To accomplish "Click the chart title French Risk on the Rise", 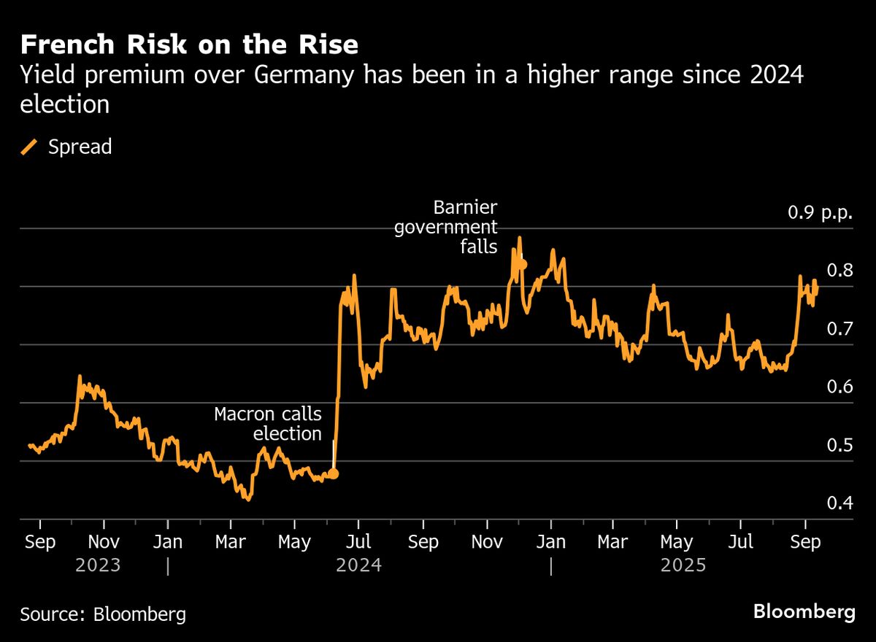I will pyautogui.click(x=189, y=46).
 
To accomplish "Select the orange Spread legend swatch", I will pyautogui.click(x=30, y=147).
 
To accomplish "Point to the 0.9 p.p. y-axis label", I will pyautogui.click(x=819, y=213).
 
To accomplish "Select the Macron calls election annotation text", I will pyautogui.click(x=268, y=424).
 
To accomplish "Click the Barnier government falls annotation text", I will pyautogui.click(x=446, y=227).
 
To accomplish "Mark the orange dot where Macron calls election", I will pyautogui.click(x=334, y=473).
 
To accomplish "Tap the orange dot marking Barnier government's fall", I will pyautogui.click(x=522, y=264).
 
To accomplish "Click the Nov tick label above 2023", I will pyautogui.click(x=104, y=543).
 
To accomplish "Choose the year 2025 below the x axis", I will pyautogui.click(x=683, y=565).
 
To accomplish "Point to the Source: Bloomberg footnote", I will pyautogui.click(x=103, y=614).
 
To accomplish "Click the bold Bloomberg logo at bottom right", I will pyautogui.click(x=804, y=611).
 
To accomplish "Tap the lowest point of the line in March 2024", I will pyautogui.click(x=248, y=499).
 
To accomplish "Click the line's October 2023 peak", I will pyautogui.click(x=80, y=376).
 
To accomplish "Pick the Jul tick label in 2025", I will pyautogui.click(x=742, y=543).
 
